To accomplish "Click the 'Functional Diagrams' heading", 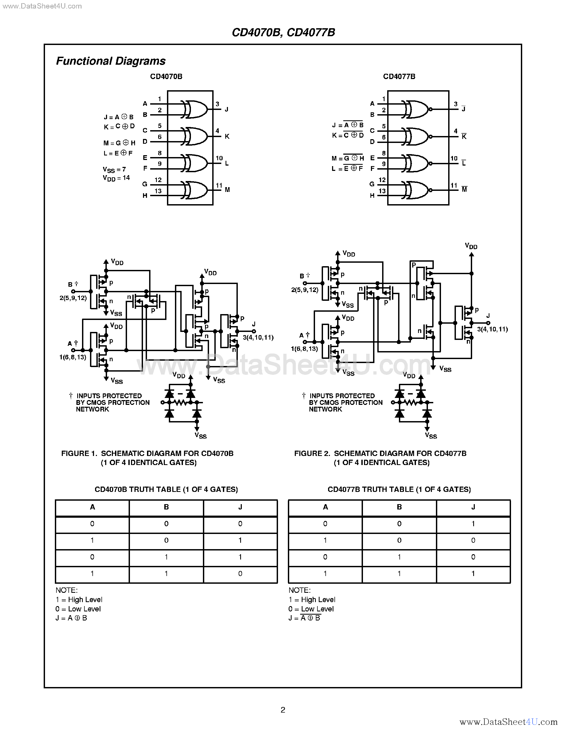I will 111,61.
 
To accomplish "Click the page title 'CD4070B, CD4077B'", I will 283,32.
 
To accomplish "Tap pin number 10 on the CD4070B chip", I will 219,158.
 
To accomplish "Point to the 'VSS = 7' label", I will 114,170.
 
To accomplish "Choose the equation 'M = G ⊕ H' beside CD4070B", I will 119,143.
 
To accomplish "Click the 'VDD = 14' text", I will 116,178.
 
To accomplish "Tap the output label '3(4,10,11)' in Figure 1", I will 258,338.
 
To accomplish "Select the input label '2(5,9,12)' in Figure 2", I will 304,290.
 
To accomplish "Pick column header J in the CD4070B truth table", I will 240,507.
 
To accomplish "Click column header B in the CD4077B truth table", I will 399,507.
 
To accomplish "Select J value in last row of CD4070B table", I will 240,573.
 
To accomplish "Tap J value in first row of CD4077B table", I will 473,524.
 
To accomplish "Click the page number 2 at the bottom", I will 283,710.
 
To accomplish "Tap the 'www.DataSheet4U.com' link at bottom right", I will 508,722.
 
